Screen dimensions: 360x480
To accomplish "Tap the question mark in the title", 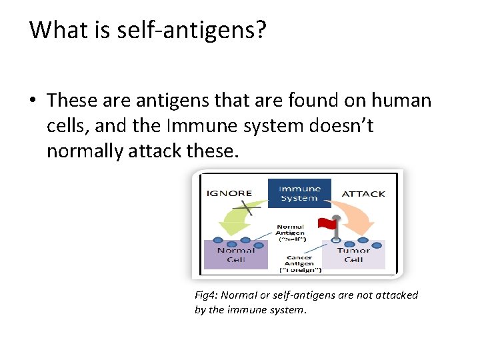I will coord(259,30).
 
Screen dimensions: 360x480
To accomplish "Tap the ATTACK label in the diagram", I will coord(363,194).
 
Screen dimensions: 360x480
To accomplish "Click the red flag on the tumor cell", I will coord(326,223).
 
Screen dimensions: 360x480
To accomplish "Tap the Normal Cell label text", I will coord(235,255).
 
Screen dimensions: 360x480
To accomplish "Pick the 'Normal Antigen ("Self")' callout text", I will coord(291,233).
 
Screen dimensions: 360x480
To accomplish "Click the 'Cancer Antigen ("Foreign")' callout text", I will coord(300,263).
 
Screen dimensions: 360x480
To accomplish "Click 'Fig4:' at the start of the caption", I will coord(206,295).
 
